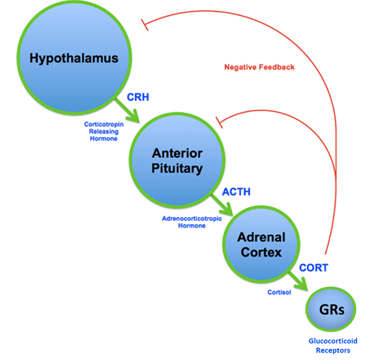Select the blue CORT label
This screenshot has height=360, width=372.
pos(314,268)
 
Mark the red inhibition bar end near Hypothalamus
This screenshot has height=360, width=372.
pos(145,25)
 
